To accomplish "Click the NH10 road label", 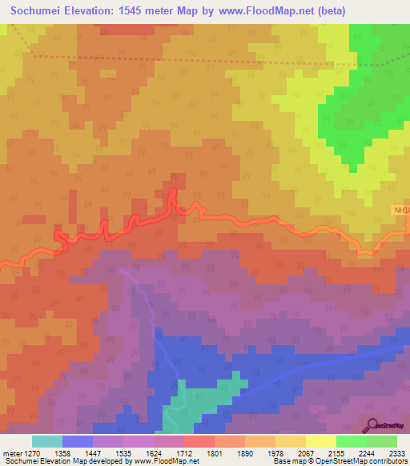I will click(401, 211).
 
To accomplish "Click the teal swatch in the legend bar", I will click(46, 441).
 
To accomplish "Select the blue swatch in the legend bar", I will click(77, 441).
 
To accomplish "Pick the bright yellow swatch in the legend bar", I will click(320, 441).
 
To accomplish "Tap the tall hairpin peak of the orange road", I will click(174, 192).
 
